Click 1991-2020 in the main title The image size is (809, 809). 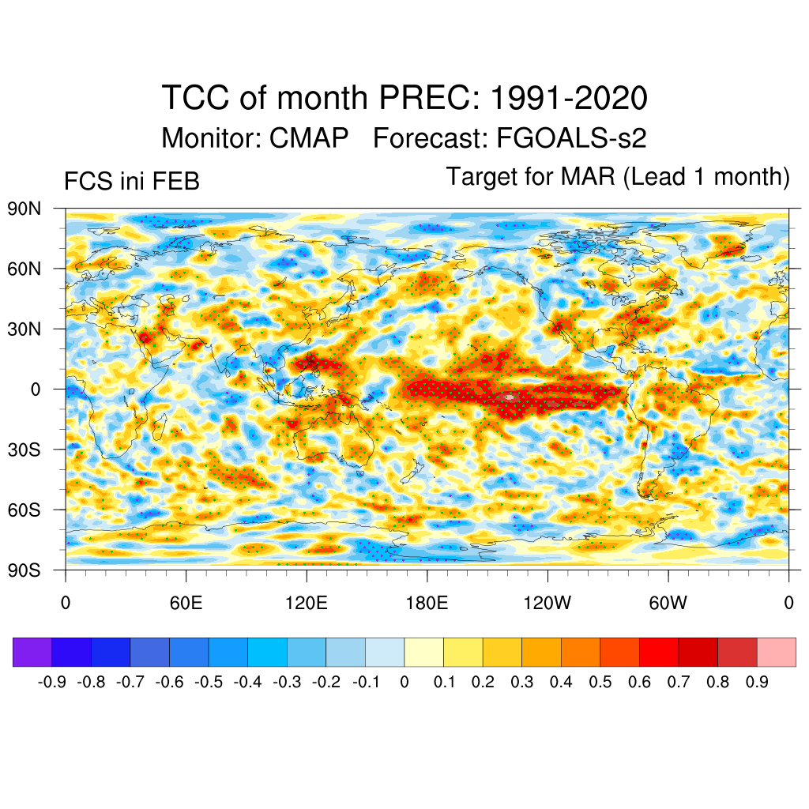coord(569,99)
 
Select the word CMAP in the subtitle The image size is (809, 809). coord(309,138)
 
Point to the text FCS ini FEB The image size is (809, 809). coord(131,182)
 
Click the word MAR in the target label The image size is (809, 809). coord(589,176)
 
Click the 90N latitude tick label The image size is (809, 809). coord(24,209)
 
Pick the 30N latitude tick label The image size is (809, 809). coord(24,329)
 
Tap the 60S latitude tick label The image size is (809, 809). coord(24,510)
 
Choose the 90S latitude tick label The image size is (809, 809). coord(24,570)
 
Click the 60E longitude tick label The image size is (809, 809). coord(186,604)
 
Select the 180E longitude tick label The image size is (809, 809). coord(427,604)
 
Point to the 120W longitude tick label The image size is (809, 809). coord(547,604)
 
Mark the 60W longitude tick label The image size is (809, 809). coord(668,604)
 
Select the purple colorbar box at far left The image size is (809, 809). coord(32,652)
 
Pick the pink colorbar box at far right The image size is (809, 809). coord(777,652)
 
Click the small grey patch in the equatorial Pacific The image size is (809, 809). coord(510,397)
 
